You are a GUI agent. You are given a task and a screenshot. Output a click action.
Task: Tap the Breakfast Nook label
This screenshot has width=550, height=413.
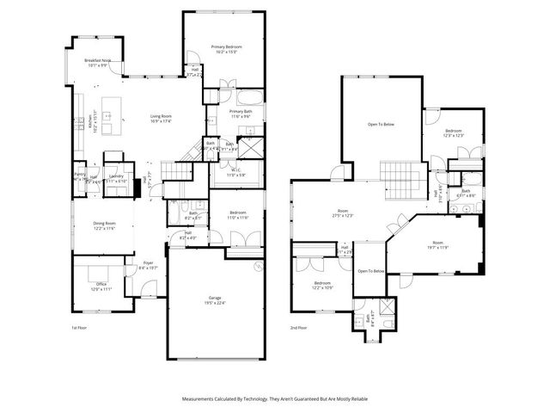click(x=96, y=62)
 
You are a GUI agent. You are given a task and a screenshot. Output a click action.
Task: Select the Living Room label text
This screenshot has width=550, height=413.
click(x=161, y=119)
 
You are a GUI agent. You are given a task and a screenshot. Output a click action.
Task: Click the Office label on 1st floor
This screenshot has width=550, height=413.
click(x=101, y=287)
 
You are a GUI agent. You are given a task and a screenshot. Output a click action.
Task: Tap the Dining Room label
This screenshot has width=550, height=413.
click(x=104, y=225)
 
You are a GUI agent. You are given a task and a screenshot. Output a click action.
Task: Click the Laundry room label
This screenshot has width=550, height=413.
click(x=116, y=178)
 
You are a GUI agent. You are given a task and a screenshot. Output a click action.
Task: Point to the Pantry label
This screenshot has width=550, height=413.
click(x=80, y=176)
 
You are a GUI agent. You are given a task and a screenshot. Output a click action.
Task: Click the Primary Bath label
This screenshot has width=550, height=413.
click(x=241, y=114)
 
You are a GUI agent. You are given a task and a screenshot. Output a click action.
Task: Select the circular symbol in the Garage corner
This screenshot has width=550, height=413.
click(x=256, y=268)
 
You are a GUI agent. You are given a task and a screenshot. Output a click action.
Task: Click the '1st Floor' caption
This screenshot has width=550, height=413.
click(x=80, y=328)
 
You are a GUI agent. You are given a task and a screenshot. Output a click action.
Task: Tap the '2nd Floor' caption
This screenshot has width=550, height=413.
click(x=299, y=328)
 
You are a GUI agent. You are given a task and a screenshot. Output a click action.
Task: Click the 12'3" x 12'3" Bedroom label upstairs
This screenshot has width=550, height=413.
click(x=454, y=133)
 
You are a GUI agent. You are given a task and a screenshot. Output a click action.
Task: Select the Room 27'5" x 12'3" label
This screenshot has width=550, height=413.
click(x=344, y=214)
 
